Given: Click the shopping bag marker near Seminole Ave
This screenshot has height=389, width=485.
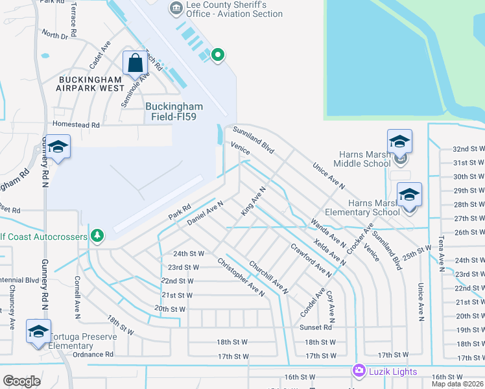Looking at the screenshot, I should [x=136, y=64].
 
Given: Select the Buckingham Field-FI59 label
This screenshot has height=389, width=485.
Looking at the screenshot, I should [x=174, y=112].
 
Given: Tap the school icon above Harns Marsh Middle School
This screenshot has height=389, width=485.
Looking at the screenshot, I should [x=399, y=143].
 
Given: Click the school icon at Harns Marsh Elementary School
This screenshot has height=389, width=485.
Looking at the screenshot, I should [x=409, y=195].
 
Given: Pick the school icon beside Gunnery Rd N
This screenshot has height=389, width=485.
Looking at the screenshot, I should [x=58, y=148].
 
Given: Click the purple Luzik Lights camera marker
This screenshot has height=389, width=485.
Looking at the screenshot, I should [x=359, y=370].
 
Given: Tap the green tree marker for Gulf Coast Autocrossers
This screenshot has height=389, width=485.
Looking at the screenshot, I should [x=97, y=235].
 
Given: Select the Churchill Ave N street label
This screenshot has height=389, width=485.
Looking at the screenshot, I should [x=268, y=275].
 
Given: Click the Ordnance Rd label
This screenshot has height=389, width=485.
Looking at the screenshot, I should [x=93, y=355].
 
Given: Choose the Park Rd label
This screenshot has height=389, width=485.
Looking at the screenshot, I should [x=180, y=211].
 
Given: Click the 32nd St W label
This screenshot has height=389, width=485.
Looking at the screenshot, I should [x=469, y=149].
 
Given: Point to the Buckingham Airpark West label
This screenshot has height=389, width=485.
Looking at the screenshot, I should [x=91, y=84].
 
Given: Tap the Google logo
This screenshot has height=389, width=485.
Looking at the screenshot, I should [x=21, y=381].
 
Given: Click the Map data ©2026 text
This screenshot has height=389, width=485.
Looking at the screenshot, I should [x=457, y=384].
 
